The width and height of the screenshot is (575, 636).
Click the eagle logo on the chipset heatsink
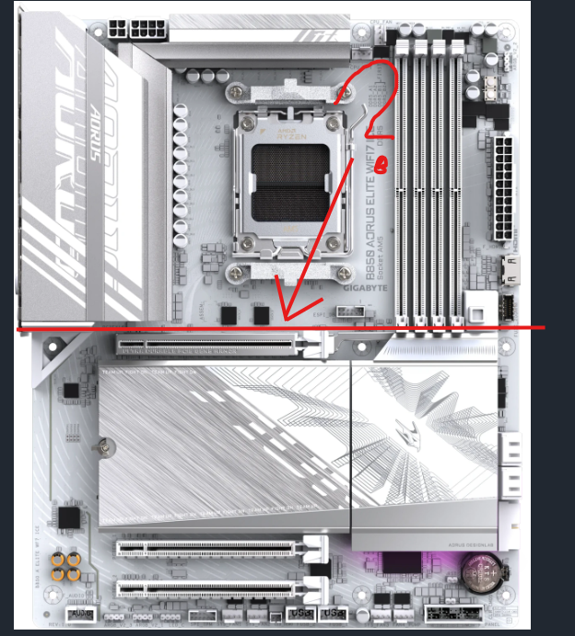pos(421,442)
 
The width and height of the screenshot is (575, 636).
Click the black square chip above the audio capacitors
pos(67,518)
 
